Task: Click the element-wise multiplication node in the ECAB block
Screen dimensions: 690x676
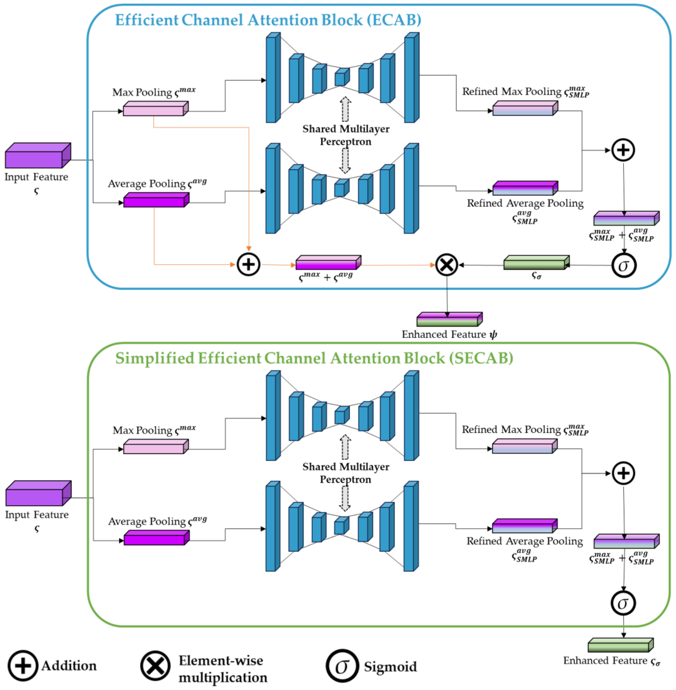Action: point(446,265)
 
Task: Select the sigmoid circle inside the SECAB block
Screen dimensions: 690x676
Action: point(623,603)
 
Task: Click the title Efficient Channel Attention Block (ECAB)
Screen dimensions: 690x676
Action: point(268,20)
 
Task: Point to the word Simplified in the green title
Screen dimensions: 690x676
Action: point(155,358)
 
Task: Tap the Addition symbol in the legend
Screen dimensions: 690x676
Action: point(23,666)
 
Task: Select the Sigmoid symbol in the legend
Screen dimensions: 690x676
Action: point(342,666)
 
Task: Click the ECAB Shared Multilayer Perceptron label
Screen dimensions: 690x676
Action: point(345,135)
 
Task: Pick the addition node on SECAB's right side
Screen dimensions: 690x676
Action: point(623,473)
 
